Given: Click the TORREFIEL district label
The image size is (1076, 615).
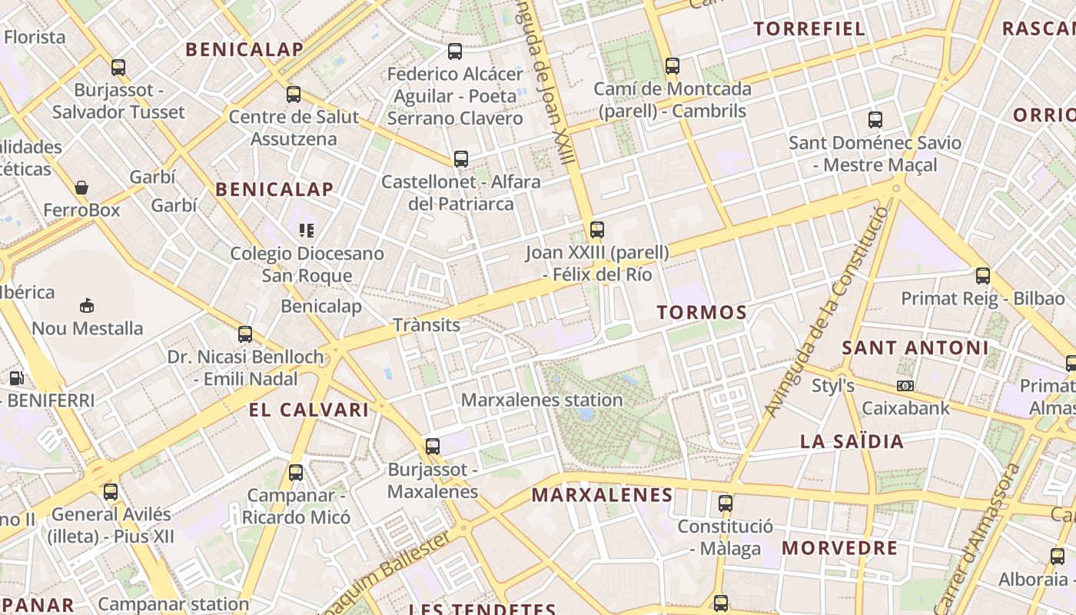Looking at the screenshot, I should (x=809, y=29).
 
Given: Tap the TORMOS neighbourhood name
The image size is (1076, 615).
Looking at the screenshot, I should (x=702, y=312).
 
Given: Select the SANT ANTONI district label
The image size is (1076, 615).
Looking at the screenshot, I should (x=915, y=347).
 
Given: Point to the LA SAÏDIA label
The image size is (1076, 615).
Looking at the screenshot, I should (x=852, y=441).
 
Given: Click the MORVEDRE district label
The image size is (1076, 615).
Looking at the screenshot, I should (x=839, y=548).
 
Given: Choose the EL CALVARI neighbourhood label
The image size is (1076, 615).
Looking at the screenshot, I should (x=309, y=410).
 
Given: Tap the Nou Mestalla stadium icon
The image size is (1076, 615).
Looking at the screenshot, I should (x=87, y=306).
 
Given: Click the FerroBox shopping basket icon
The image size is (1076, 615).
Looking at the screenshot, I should (x=81, y=188).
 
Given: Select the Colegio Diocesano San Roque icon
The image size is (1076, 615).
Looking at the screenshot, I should (x=307, y=230).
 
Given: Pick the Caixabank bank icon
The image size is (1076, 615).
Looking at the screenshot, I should (x=905, y=385).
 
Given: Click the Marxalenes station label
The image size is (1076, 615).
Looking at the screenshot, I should (x=542, y=400).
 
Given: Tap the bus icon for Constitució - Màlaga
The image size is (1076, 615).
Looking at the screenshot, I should (x=725, y=504).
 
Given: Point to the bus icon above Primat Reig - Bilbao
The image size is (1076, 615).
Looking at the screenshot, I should (x=982, y=276).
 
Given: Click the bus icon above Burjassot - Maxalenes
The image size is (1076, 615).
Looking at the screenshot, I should (x=433, y=447).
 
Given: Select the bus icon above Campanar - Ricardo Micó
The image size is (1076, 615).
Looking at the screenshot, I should (x=296, y=473).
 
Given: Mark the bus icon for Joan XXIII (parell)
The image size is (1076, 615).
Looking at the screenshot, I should (x=596, y=229).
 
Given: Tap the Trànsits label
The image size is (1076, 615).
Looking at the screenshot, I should (x=427, y=324).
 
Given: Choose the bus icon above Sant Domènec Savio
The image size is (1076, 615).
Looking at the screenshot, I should (x=875, y=120).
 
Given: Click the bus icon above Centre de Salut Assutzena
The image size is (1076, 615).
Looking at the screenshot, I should (x=294, y=95).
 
